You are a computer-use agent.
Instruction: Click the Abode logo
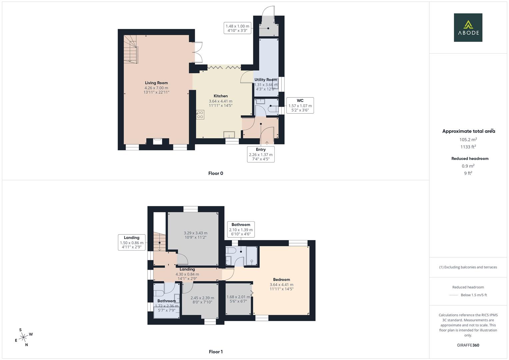[x=468, y=28]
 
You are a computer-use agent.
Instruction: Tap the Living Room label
[x=156, y=83]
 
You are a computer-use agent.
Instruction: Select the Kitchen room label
[x=220, y=96]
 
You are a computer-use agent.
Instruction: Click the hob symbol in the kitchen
[x=200, y=115]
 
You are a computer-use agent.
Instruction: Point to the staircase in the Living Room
[x=131, y=49]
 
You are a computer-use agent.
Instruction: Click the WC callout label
[x=300, y=105]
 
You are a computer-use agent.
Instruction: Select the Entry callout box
[x=261, y=154]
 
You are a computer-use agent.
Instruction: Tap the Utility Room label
[x=266, y=80]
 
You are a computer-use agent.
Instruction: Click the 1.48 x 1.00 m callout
[x=237, y=28]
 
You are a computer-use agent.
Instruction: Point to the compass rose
[x=23, y=337]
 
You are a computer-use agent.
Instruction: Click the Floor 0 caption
[x=216, y=173]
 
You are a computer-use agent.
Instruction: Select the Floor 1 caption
[x=216, y=352]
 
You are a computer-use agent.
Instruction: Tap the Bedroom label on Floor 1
[x=281, y=280]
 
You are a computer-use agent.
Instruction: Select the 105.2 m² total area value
[x=468, y=140]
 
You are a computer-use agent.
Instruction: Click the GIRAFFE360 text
[x=468, y=345]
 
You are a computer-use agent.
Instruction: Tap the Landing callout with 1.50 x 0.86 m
[x=132, y=242]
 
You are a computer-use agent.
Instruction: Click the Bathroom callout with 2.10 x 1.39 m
[x=241, y=229]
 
